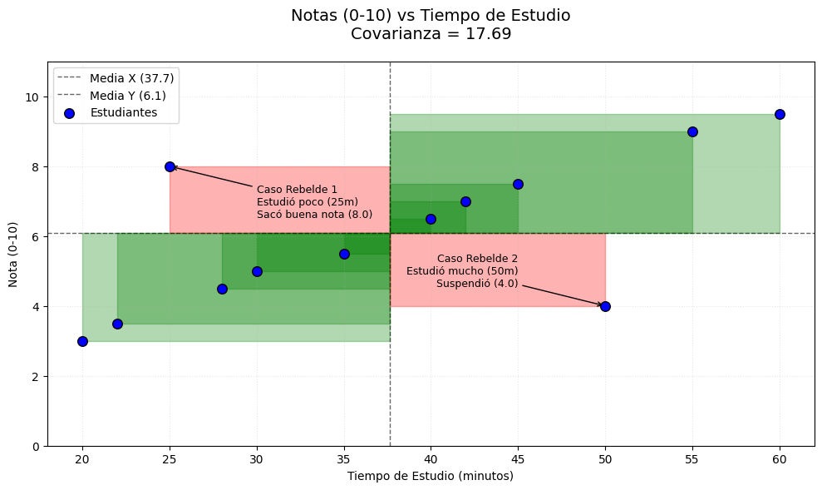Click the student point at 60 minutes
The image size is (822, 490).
point(780,114)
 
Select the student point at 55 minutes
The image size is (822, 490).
point(692,131)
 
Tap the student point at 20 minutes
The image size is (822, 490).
point(82,341)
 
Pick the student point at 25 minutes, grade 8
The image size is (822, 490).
point(170,166)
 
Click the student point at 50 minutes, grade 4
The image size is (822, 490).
point(605,306)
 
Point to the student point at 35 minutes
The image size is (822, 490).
point(344,254)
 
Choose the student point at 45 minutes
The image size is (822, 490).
point(518,184)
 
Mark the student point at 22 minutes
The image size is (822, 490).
point(117,324)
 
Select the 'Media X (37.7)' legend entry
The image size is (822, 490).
point(131,78)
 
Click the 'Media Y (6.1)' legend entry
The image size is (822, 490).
point(128,96)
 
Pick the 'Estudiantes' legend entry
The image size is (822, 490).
point(123,113)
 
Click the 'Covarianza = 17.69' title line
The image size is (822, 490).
point(431,34)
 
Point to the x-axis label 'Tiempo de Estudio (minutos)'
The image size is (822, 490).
point(431,476)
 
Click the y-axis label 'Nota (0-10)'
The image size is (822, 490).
point(12,255)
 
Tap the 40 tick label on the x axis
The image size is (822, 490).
point(431,458)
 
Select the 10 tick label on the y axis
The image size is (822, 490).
point(32,97)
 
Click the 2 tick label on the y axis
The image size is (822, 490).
point(35,377)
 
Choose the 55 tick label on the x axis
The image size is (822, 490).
point(692,458)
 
